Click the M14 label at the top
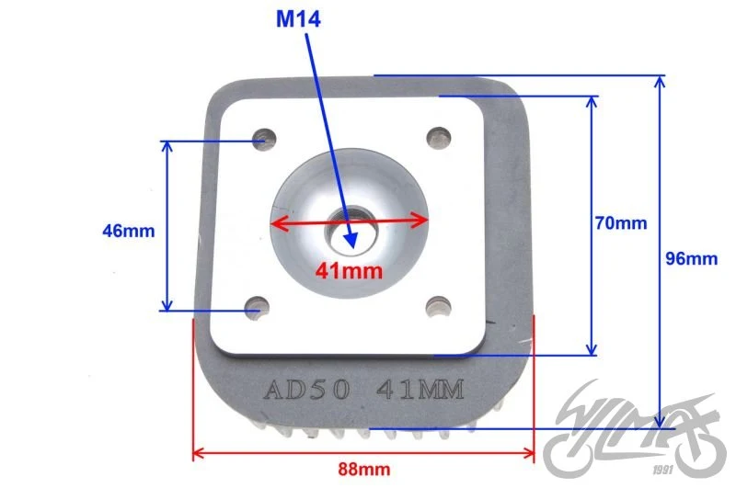(298, 19)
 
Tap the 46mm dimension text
(128, 231)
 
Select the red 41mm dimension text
(349, 271)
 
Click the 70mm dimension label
(620, 222)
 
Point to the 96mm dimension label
(692, 258)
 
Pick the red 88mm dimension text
(363, 469)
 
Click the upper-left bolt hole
(264, 139)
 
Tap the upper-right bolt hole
(439, 138)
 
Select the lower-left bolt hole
(257, 308)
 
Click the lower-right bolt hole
(439, 307)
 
